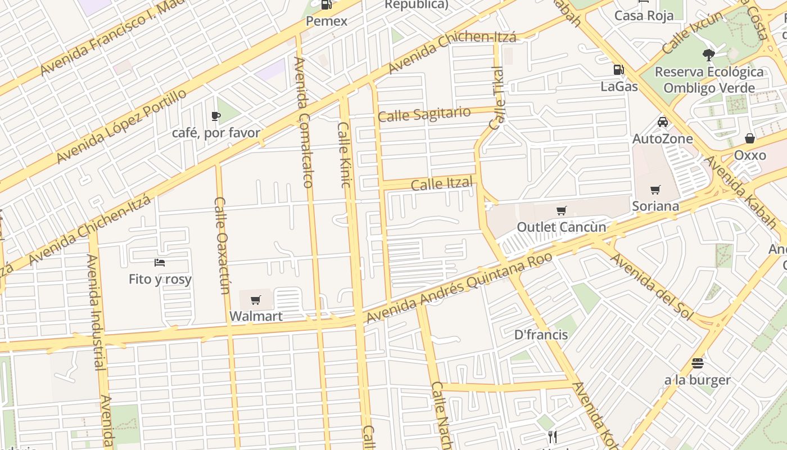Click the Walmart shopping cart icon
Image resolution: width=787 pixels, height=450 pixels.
(x=256, y=300)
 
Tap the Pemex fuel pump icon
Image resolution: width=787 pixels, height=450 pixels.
(x=326, y=5)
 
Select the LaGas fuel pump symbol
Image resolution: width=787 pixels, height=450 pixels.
(x=618, y=70)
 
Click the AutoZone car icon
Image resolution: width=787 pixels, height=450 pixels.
(x=663, y=122)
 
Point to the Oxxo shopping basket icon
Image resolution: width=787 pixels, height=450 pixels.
(x=750, y=138)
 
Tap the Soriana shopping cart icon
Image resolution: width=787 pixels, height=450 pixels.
(x=655, y=190)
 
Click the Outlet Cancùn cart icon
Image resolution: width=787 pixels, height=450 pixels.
(x=561, y=211)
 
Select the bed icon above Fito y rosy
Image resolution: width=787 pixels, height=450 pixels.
(x=160, y=263)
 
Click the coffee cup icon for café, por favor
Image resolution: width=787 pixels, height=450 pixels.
(x=216, y=116)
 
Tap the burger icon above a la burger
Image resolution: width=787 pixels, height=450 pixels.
(x=698, y=363)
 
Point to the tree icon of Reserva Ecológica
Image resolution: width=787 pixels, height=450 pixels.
(x=708, y=55)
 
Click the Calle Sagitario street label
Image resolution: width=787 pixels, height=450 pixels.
(x=424, y=114)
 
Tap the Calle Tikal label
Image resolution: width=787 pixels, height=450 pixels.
(x=496, y=98)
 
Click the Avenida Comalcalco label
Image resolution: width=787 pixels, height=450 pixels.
(x=303, y=122)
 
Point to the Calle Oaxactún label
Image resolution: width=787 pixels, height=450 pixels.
(x=223, y=245)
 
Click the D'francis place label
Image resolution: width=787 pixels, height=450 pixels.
(x=541, y=335)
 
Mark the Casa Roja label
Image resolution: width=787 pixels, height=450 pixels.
(x=644, y=15)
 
